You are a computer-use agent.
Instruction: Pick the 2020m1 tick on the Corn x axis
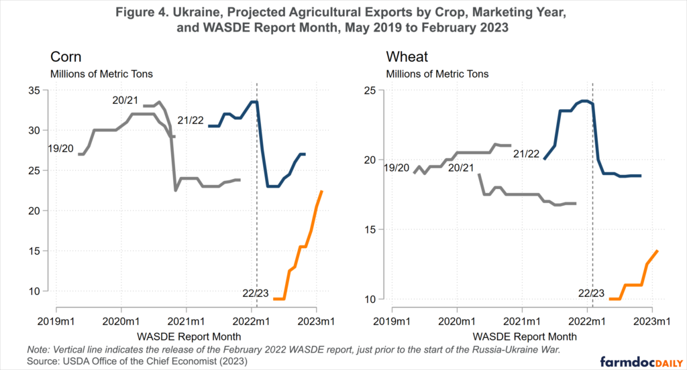121,320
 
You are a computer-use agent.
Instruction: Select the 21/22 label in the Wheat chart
526,153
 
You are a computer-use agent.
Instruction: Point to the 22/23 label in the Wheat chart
592,294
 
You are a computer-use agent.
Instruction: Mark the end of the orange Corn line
322,192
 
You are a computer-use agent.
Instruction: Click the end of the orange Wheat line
657,251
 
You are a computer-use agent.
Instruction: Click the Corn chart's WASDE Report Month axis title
189,334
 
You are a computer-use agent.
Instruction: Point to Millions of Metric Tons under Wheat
437,74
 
